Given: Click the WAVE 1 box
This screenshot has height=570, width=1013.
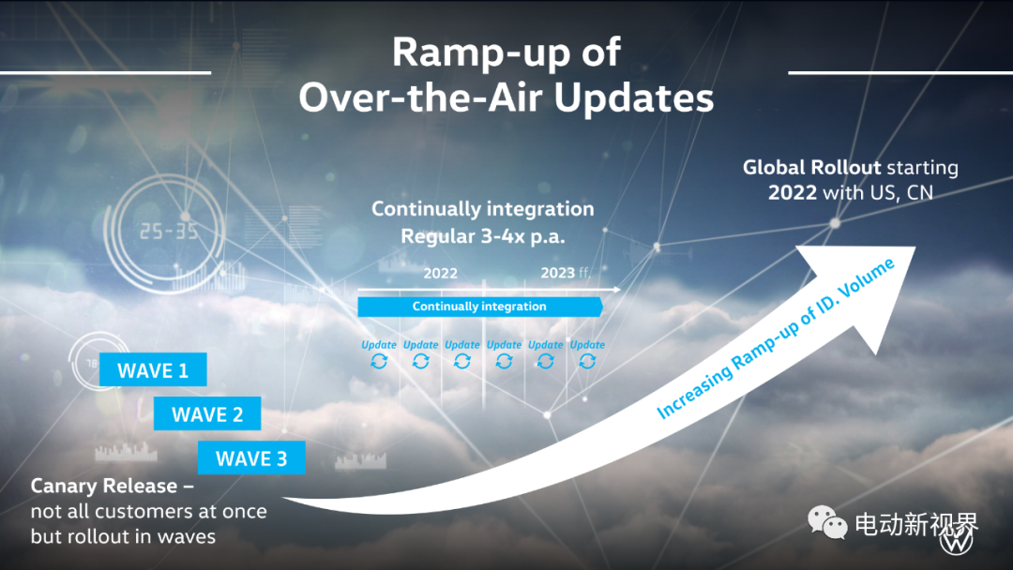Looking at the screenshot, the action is [x=153, y=370].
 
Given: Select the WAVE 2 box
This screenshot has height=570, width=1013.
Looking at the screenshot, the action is [x=207, y=413].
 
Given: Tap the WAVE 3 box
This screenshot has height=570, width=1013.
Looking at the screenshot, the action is [x=251, y=457].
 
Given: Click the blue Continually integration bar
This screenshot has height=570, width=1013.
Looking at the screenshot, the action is [x=480, y=307].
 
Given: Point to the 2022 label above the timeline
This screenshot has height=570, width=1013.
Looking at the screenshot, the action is [x=440, y=274].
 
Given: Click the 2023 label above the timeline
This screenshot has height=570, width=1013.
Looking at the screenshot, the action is [x=557, y=273].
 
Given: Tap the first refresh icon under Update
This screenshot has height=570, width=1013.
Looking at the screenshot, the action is [x=379, y=361].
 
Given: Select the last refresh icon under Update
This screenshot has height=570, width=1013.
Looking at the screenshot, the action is [x=587, y=361].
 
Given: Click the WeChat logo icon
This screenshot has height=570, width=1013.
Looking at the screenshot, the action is [x=827, y=521].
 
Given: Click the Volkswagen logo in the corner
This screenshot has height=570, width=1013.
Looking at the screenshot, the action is [x=956, y=541].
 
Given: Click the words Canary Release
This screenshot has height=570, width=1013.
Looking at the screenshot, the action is [x=103, y=486].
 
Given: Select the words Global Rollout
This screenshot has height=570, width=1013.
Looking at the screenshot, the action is [x=812, y=167].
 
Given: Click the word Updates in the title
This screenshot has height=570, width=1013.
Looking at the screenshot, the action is [x=634, y=98].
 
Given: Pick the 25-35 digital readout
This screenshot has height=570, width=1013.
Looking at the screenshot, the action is [x=169, y=232].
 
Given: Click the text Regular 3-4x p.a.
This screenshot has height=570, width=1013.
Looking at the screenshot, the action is [x=483, y=236].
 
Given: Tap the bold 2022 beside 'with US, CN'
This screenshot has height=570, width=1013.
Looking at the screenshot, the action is [x=792, y=192].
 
